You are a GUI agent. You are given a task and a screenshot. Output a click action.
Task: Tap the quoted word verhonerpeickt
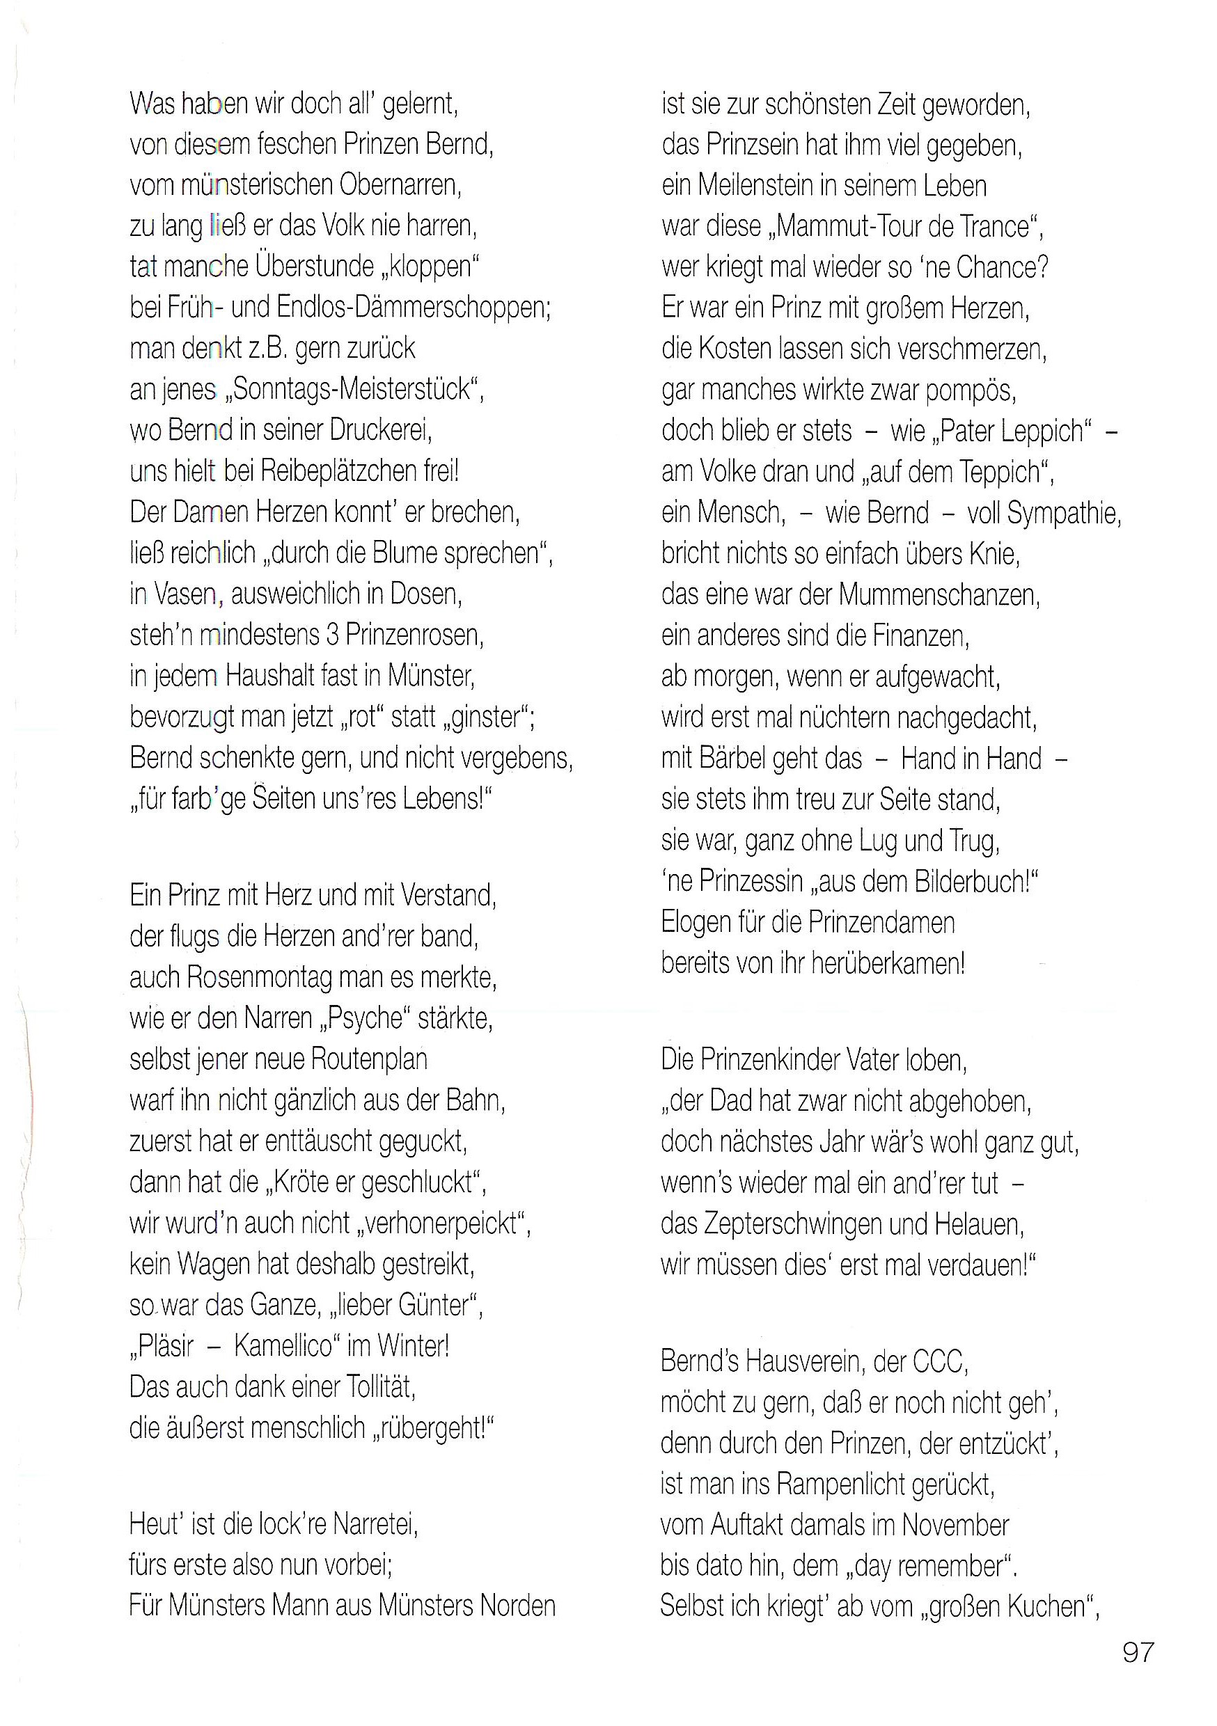coord(441,1223)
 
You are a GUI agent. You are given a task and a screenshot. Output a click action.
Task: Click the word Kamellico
coord(283,1345)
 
